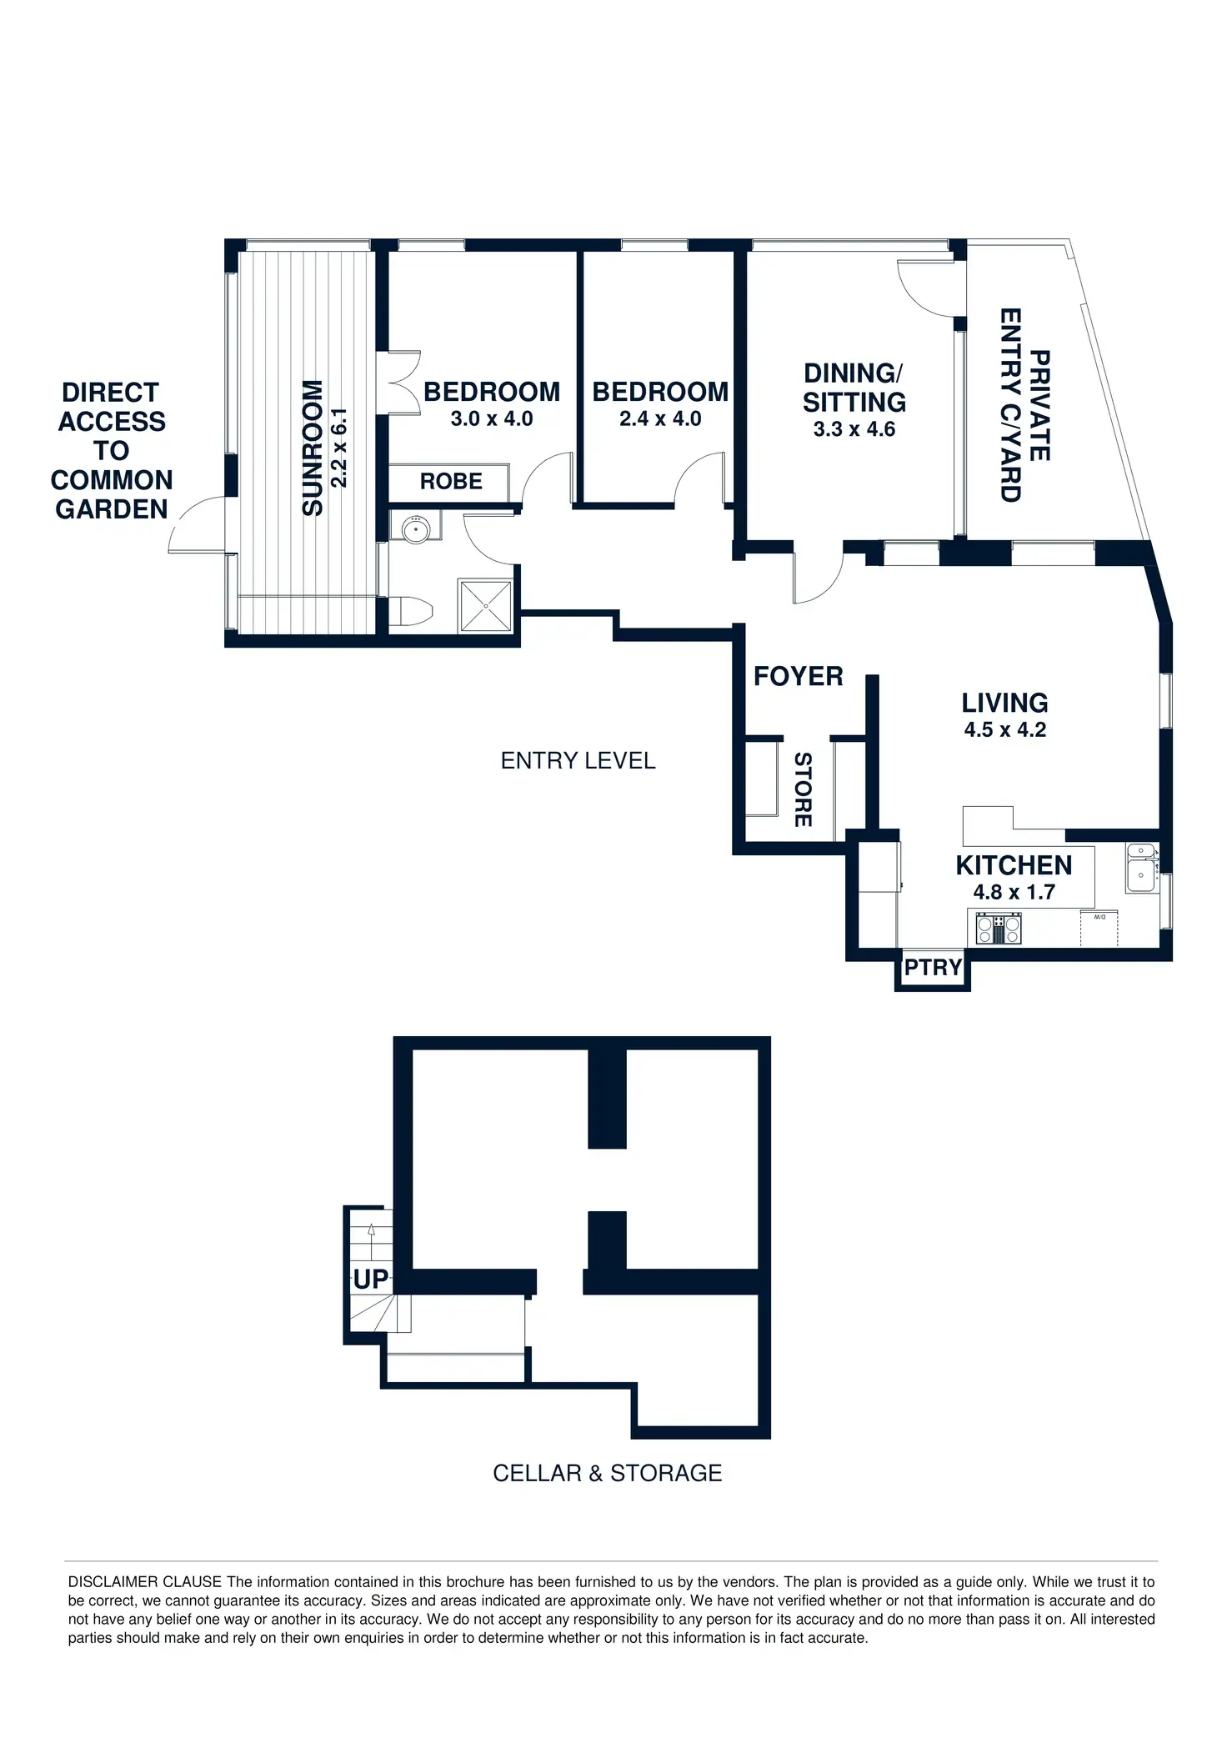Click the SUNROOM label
pos(313,448)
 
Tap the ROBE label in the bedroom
pos(451,481)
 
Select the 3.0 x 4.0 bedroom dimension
pos(492,418)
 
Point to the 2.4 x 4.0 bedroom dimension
pos(660,418)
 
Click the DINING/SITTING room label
pos(854,388)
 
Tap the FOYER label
pos(798,676)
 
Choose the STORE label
pos(803,789)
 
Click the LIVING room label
pos(1004,703)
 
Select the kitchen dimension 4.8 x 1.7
pos(1014,892)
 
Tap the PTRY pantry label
pos(933,968)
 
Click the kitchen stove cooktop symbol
pos(999,929)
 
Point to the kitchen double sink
pos(1140,868)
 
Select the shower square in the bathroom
pos(484,604)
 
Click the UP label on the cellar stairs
pos(370,1279)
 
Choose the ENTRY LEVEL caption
pos(578,760)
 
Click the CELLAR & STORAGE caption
pos(607,1473)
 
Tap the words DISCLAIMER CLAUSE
pos(145,1581)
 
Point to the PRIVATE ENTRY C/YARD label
pos(1025,405)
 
